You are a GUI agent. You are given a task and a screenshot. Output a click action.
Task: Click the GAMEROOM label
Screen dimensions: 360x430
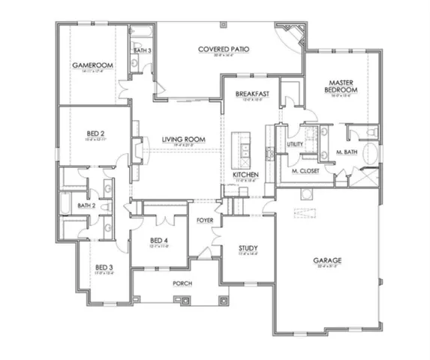92,66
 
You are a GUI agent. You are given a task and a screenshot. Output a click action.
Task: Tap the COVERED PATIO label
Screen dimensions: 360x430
224,49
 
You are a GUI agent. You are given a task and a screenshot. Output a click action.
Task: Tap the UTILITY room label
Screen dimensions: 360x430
295,145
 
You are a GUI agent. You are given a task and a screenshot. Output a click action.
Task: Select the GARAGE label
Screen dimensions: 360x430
327,260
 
